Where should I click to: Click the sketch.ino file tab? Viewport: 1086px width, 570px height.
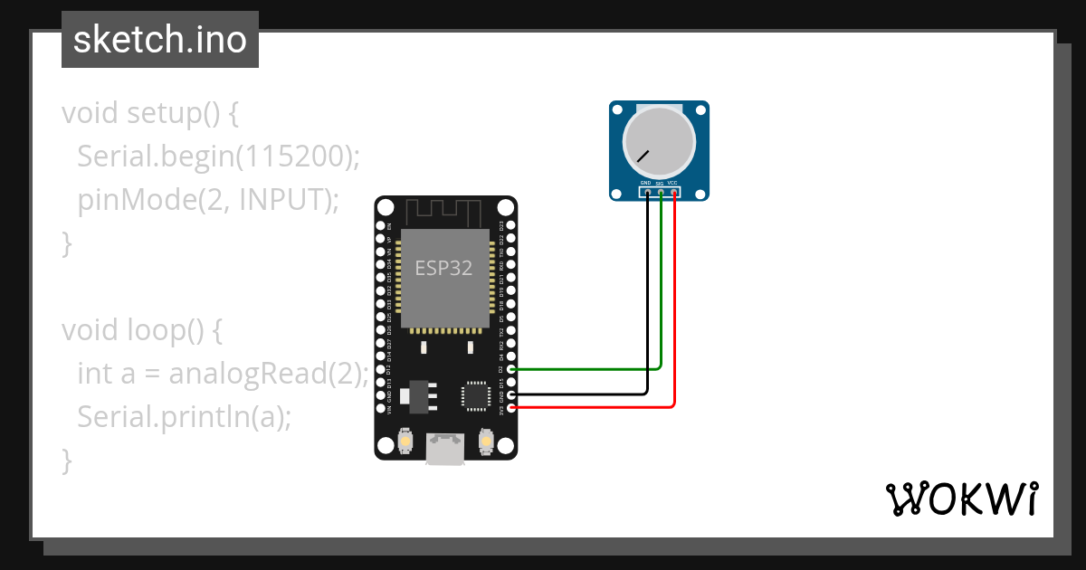159,40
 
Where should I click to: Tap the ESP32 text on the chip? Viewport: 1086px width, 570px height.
443,268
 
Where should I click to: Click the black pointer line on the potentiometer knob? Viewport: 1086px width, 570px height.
643,156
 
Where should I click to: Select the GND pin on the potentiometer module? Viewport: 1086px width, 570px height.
647,192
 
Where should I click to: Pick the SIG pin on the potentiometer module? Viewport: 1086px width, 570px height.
661,192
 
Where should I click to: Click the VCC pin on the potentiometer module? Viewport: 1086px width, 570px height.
674,192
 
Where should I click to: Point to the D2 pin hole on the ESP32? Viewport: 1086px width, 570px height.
512,369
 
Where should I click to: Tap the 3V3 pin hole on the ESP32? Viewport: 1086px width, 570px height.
512,408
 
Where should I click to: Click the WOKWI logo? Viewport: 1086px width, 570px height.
961,499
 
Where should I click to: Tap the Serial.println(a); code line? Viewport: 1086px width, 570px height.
185,416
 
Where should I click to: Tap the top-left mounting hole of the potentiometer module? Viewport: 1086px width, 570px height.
617,109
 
